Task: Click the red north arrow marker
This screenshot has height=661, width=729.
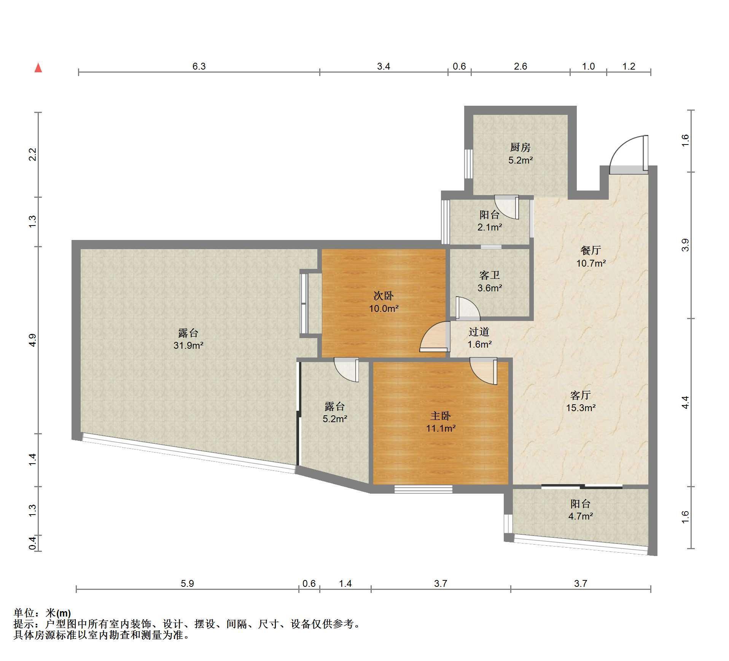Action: [38, 68]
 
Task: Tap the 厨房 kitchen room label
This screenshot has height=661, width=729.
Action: [520, 147]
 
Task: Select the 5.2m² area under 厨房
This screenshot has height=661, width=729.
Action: [520, 160]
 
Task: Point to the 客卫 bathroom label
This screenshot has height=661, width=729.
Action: [489, 275]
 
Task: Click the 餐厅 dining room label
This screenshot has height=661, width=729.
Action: [591, 250]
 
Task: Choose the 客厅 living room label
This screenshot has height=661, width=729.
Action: [580, 395]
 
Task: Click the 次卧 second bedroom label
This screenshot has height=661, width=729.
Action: [383, 296]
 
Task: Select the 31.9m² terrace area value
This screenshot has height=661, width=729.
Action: [188, 346]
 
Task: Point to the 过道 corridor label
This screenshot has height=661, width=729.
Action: [479, 332]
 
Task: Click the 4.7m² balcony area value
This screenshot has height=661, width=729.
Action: [581, 516]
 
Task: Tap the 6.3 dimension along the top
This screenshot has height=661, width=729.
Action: [199, 67]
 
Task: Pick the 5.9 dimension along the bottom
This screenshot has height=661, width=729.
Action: [187, 583]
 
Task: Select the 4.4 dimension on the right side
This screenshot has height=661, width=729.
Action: [685, 402]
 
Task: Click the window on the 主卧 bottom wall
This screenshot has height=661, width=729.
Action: [423, 489]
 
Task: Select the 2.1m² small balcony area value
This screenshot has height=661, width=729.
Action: [490, 228]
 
